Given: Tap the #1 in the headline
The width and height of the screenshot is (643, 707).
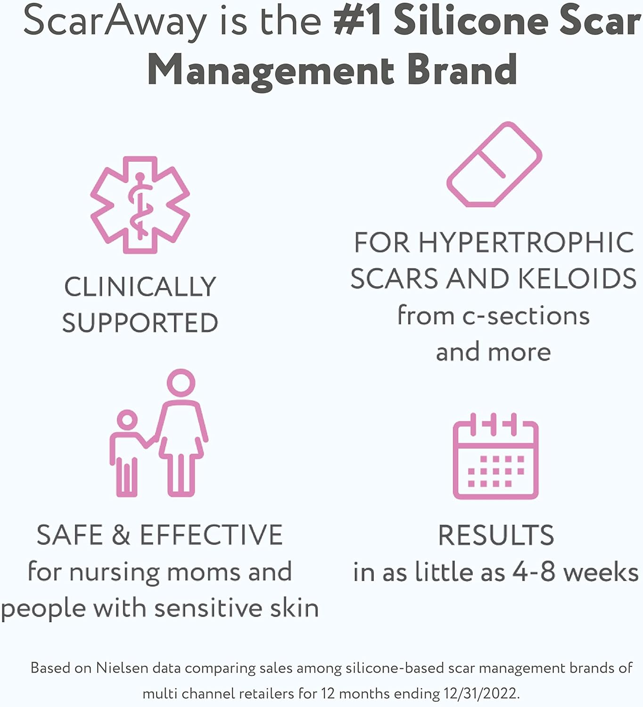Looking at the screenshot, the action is (357, 21).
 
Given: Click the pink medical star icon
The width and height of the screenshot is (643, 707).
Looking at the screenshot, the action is (140, 205).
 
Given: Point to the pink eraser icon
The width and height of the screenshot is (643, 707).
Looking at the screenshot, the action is (494, 164).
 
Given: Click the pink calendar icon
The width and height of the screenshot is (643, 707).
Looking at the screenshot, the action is (495, 456).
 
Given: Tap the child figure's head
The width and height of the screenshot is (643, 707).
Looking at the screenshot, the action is (127, 420).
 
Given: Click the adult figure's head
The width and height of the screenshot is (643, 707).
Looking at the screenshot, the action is (181, 383).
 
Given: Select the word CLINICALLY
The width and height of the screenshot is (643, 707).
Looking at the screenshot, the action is (140, 287).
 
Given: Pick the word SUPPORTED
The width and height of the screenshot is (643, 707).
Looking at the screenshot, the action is (140, 323).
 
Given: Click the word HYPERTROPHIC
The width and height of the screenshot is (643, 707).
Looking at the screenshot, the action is (527, 242).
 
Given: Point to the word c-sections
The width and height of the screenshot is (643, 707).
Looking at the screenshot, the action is (526, 316).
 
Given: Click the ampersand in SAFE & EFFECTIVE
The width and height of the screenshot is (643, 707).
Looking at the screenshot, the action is (121, 535).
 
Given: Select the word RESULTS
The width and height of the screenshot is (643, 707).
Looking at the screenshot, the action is (496, 535).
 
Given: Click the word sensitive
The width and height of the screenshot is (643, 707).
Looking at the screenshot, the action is (209, 608).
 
